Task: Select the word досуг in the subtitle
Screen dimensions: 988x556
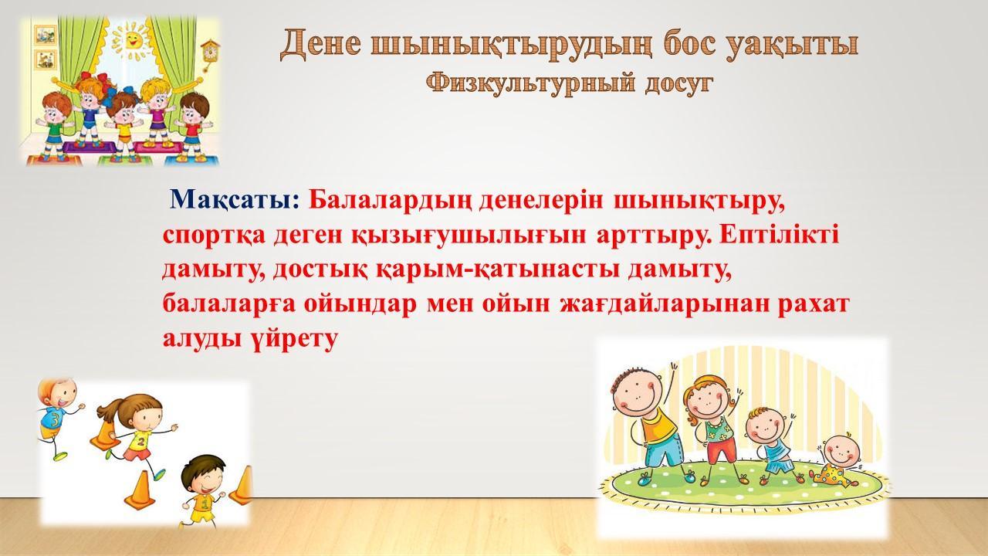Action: [x=678, y=85]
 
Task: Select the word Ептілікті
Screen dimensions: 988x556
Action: [x=779, y=236]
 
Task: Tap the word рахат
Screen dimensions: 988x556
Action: [x=813, y=304]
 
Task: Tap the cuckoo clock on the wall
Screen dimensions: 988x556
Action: [x=210, y=54]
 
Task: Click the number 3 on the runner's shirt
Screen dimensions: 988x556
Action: [x=55, y=420]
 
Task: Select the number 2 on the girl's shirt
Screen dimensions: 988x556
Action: [x=141, y=441]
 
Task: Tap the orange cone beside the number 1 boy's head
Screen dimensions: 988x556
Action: [x=243, y=486]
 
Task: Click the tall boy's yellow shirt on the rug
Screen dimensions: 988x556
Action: [x=658, y=425]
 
